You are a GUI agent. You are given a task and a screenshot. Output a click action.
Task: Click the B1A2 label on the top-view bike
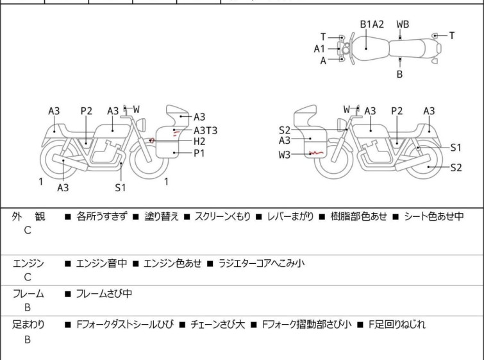tap(372, 24)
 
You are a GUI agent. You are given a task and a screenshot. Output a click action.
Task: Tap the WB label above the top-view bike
tap(403, 24)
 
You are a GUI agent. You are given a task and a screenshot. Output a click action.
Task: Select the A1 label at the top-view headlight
tap(319, 49)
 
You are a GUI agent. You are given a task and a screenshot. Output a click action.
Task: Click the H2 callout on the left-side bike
tap(199, 141)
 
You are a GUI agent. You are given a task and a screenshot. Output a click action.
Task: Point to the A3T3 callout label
tap(206, 130)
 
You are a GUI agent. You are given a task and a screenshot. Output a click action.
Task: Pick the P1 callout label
tap(199, 153)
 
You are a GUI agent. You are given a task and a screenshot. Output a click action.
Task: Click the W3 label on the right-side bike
tap(284, 154)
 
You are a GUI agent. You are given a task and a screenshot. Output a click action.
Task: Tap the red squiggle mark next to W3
tap(316, 153)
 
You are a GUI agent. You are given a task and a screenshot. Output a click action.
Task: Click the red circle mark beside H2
tap(151, 141)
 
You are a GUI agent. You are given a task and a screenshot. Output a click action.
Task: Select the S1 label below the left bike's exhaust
tap(121, 187)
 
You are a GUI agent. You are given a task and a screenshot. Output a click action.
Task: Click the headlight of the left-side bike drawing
tap(142, 125)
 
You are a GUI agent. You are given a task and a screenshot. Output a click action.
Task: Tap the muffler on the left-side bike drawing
tap(71, 162)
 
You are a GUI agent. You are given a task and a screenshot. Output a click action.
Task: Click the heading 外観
tap(28, 216)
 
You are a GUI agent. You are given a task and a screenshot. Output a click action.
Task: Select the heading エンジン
tap(28, 263)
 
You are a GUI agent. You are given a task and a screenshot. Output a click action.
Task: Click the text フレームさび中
tap(104, 293)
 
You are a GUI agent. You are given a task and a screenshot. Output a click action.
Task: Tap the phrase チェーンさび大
tap(217, 324)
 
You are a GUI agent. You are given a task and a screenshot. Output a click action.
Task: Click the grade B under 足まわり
tap(28, 339)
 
